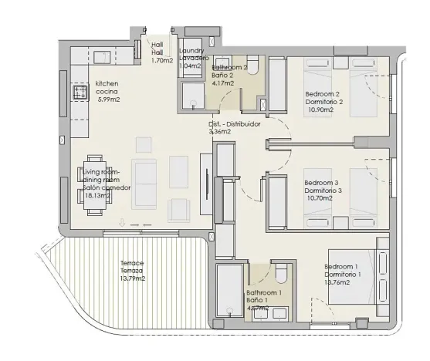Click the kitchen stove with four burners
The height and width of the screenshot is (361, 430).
[79, 93]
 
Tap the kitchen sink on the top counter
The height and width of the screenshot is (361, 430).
[101, 56]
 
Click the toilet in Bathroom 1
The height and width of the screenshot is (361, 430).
[283, 275]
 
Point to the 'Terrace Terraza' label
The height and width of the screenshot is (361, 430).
[132, 267]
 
